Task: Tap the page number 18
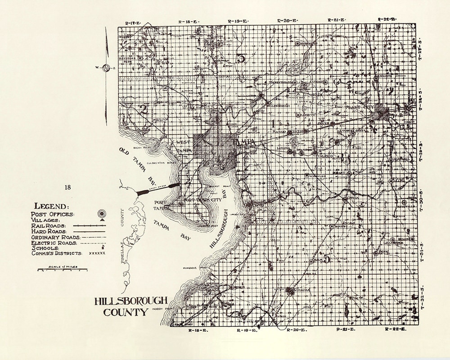(x=68, y=188)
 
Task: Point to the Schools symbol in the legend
(x=103, y=247)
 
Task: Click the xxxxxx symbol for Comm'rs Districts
(x=97, y=254)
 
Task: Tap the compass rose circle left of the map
(x=107, y=68)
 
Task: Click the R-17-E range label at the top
(x=134, y=22)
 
